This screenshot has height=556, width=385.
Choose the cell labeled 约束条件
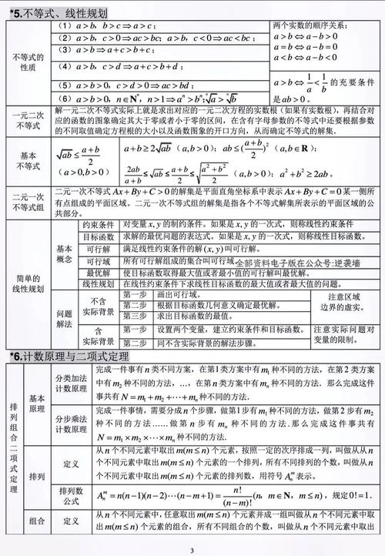[99, 228]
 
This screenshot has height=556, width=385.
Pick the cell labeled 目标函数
[99, 239]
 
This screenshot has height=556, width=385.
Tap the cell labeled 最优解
[99, 273]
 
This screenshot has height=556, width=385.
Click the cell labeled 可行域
[99, 262]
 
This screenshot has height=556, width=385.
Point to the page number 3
[192, 550]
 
